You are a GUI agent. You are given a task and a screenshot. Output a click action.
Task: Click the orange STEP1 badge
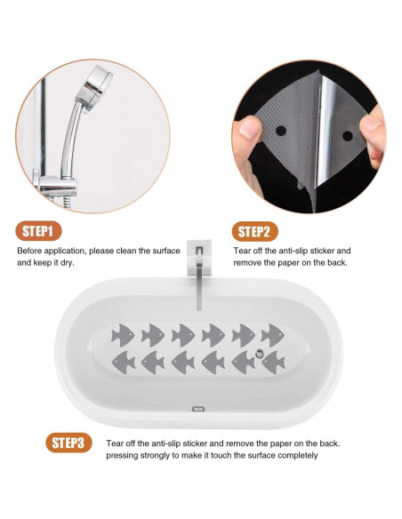[38, 231]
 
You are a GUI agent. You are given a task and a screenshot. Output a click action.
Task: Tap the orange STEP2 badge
[254, 231]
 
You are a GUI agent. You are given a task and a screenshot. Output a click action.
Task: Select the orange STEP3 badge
[68, 443]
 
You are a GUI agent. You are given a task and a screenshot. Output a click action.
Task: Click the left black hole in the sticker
[281, 131]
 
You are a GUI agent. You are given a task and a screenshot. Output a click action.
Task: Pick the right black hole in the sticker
[348, 136]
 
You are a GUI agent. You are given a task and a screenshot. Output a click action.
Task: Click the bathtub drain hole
[259, 354]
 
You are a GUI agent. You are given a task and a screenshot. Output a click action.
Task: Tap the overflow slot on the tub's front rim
[198, 409]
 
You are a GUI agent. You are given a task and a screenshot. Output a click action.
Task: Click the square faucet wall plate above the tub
[199, 258]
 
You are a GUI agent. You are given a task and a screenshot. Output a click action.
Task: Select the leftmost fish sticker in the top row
[123, 335]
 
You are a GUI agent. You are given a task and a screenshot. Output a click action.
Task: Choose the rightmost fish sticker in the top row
[272, 335]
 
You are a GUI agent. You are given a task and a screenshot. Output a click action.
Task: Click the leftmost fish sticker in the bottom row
[124, 363]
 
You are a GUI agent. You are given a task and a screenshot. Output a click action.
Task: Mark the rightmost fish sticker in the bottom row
[274, 363]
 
